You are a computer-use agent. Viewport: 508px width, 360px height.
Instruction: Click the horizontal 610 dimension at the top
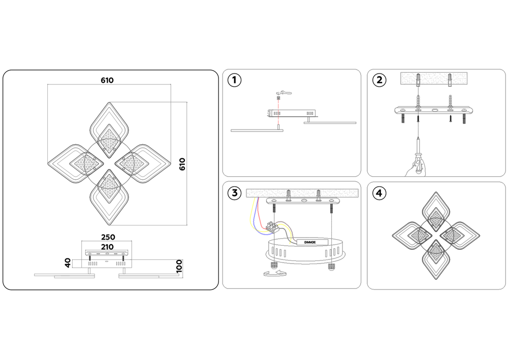[107, 80]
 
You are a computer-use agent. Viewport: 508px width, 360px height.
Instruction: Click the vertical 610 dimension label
[182, 163]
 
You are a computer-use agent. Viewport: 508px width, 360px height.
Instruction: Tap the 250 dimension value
[108, 237]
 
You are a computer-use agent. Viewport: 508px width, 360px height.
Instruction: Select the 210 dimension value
[108, 246]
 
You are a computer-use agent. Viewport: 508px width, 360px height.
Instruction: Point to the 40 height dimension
[68, 263]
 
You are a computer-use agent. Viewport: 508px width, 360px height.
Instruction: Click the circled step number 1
[234, 80]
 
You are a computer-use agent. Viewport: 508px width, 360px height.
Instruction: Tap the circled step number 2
[379, 80]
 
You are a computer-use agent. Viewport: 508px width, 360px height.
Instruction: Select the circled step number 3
[234, 193]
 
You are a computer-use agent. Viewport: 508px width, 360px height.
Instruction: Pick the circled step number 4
[379, 193]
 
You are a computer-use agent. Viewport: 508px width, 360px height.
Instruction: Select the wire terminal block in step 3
[275, 227]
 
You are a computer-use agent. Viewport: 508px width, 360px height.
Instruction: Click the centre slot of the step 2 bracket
[434, 110]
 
